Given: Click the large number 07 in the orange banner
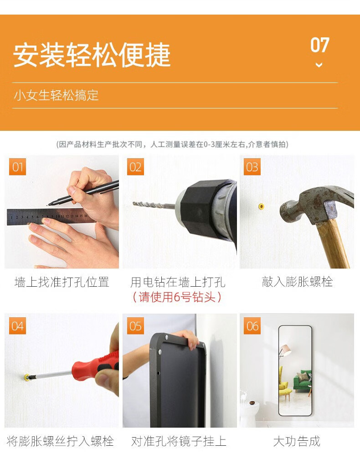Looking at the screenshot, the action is pyautogui.click(x=320, y=45).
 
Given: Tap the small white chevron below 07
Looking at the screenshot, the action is pyautogui.click(x=319, y=65).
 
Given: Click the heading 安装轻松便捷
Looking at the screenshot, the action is pyautogui.click(x=92, y=55).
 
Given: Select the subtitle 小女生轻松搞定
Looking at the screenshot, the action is pyautogui.click(x=56, y=95).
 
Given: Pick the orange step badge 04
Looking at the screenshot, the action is pyautogui.click(x=18, y=325).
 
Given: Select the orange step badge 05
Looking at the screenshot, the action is pyautogui.click(x=135, y=325).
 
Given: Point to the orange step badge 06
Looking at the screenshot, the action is pyautogui.click(x=252, y=325).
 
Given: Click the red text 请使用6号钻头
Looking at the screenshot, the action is pyautogui.click(x=177, y=297).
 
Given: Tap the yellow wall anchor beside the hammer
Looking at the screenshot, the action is pyautogui.click(x=261, y=206).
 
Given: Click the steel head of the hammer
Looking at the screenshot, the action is pyautogui.click(x=314, y=203).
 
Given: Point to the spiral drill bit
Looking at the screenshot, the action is pyautogui.click(x=154, y=205).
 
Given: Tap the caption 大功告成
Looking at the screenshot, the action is pyautogui.click(x=297, y=441).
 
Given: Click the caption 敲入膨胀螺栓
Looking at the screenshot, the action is pyautogui.click(x=297, y=282).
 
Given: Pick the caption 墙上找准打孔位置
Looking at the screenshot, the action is pyautogui.click(x=62, y=282).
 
